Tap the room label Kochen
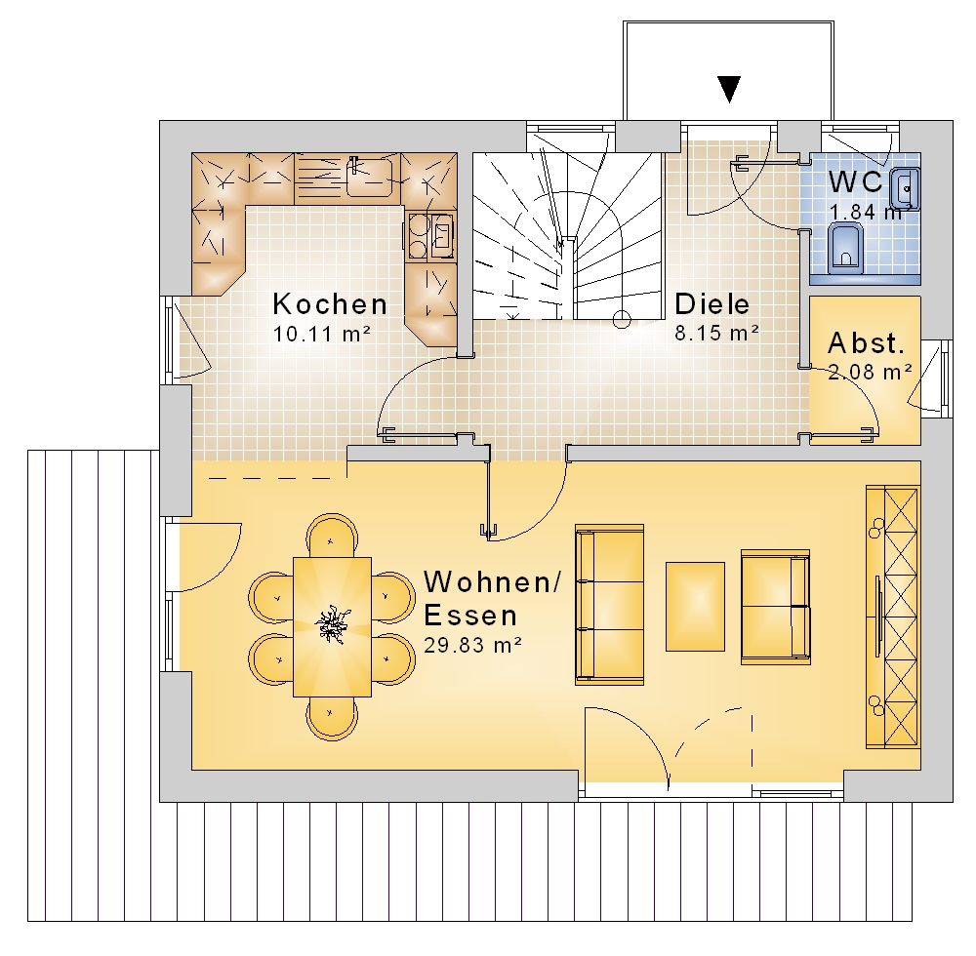pyautogui.click(x=330, y=304)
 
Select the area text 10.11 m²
pyautogui.click(x=322, y=334)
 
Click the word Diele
pyautogui.click(x=712, y=303)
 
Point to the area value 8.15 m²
pyautogui.click(x=717, y=333)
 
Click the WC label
pyautogui.click(x=856, y=181)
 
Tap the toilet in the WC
pyautogui.click(x=846, y=249)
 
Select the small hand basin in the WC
pyautogui.click(x=905, y=187)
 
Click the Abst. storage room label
pyautogui.click(x=866, y=342)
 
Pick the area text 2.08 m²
pyautogui.click(x=870, y=372)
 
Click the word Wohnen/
pyautogui.click(x=492, y=582)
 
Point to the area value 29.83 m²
pyautogui.click(x=472, y=645)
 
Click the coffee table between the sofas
pyautogui.click(x=695, y=607)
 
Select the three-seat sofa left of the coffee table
pyautogui.click(x=609, y=605)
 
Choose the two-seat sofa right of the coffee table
pyautogui.click(x=776, y=607)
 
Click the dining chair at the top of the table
pyautogui.click(x=332, y=535)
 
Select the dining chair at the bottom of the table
pyautogui.click(x=332, y=718)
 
